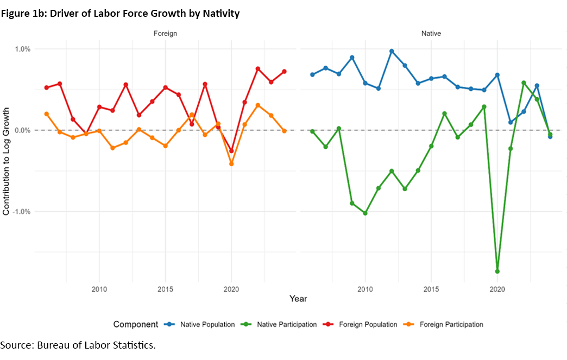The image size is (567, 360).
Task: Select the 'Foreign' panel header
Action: [x=165, y=34]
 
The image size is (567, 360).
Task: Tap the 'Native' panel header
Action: [x=431, y=34]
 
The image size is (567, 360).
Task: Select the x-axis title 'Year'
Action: [x=298, y=299]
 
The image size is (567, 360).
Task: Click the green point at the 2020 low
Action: [x=497, y=271]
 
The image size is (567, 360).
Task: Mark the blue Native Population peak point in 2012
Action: [x=392, y=51]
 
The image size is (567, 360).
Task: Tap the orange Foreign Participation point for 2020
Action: [x=231, y=163]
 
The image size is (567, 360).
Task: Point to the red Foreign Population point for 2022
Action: [x=258, y=69]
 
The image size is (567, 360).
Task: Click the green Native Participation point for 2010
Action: [x=365, y=213]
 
